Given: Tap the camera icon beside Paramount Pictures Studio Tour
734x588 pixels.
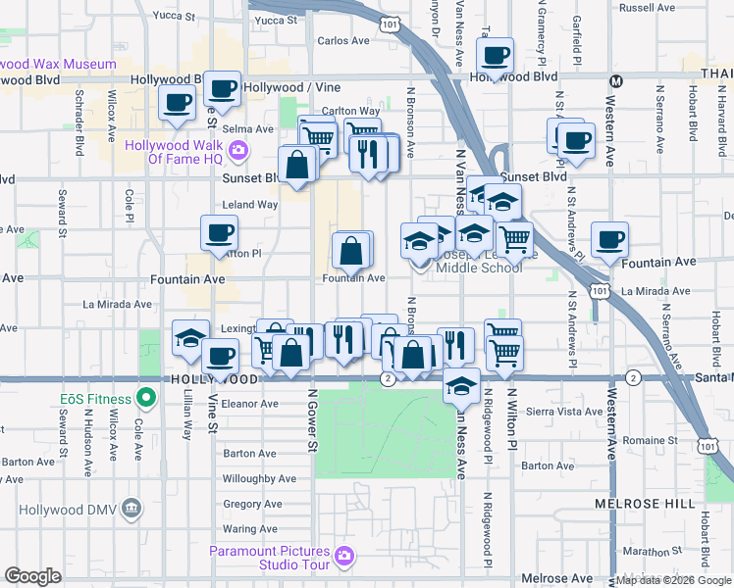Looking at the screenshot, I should (342, 557).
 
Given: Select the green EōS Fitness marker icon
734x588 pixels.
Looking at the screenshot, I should (146, 398).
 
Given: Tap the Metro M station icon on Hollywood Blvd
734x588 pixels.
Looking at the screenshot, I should (616, 80).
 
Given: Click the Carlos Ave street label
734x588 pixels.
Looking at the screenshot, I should (343, 41).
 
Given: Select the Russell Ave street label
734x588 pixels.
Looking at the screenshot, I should (648, 8).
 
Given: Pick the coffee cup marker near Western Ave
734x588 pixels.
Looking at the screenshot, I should (609, 240).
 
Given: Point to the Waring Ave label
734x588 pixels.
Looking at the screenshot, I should (250, 528).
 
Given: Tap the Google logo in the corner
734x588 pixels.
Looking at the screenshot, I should (33, 576).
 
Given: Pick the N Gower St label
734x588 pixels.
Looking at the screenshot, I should (313, 419).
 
